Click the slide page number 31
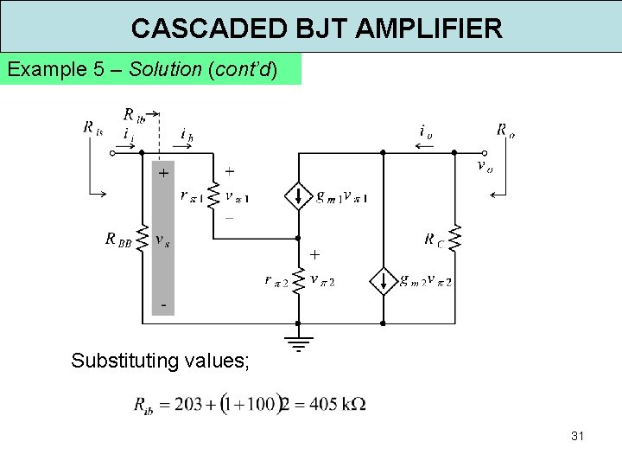point(577,436)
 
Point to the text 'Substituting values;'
point(161,361)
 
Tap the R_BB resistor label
point(118,240)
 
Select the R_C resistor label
point(435,240)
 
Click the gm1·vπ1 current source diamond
point(298,197)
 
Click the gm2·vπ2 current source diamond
point(382,281)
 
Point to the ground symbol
point(298,345)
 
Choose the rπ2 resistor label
point(276,280)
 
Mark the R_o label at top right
point(505,131)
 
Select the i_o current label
point(425,131)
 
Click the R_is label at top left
point(93,127)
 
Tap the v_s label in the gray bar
point(162,239)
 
